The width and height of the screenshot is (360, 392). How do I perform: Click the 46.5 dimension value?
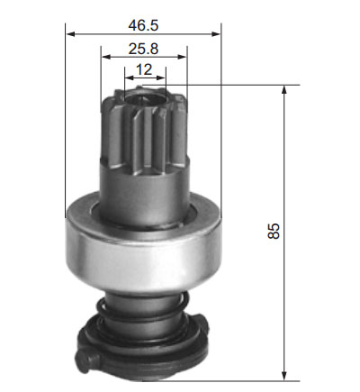[x=143, y=25]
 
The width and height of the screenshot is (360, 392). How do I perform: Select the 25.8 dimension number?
[x=143, y=49]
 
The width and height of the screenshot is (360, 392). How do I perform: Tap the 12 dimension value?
[x=144, y=69]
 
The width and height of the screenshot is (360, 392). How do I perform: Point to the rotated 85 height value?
[x=273, y=231]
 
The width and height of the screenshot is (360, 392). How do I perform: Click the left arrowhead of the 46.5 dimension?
[x=70, y=34]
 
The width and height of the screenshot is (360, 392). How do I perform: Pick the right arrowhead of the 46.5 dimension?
[x=216, y=34]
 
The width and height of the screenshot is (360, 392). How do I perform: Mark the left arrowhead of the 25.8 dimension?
[x=105, y=57]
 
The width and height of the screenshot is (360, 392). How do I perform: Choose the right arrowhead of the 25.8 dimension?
[x=182, y=57]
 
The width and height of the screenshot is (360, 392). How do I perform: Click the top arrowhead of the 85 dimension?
[x=284, y=90]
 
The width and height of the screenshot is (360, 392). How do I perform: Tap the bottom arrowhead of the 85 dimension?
[x=284, y=376]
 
